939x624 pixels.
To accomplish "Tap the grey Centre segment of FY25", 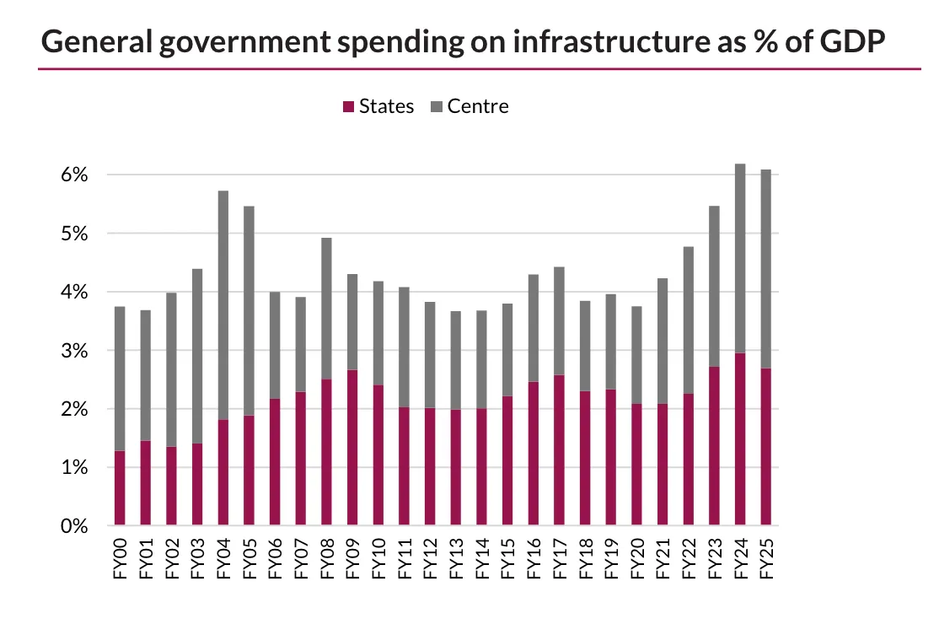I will pos(765,269).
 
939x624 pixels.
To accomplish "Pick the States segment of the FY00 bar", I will pos(120,488).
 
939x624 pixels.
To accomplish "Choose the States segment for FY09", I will pos(352,448).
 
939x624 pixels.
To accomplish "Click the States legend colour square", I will pos(347,107).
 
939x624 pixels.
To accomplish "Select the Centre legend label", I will pos(478,106).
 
